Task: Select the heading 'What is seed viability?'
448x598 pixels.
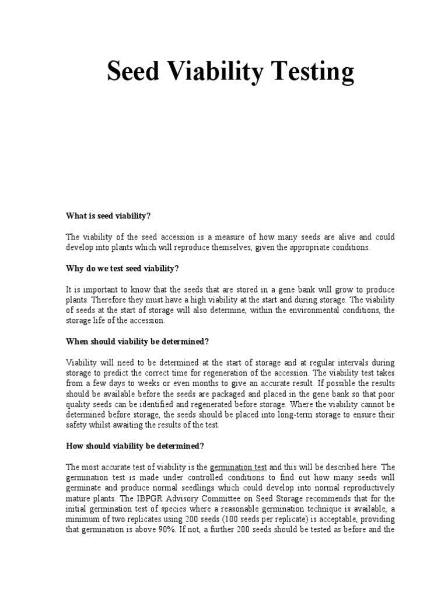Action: tap(108, 216)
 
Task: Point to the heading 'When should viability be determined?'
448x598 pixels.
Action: tap(137, 340)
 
